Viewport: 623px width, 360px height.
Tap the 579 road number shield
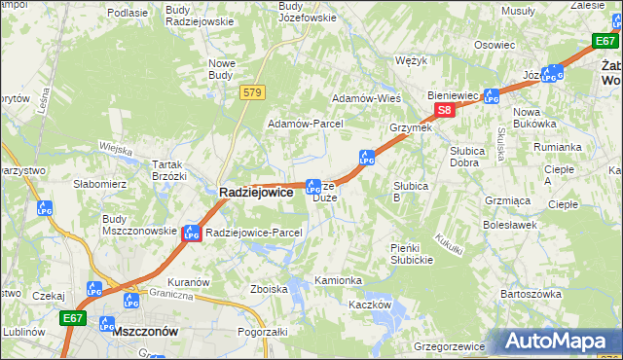pyautogui.click(x=253, y=91)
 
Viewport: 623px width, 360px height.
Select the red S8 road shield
pyautogui.click(x=444, y=110)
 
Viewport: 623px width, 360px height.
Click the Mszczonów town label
pyautogui.click(x=145, y=331)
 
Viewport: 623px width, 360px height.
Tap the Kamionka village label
pyautogui.click(x=338, y=280)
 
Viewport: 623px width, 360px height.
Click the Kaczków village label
pyautogui.click(x=370, y=305)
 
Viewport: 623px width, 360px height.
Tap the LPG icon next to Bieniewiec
pyautogui.click(x=492, y=96)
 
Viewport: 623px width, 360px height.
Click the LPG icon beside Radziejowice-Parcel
pyautogui.click(x=192, y=233)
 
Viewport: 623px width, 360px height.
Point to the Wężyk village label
pyautogui.click(x=413, y=60)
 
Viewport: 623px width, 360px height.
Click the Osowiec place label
pyautogui.click(x=494, y=45)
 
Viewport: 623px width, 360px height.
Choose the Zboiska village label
pyautogui.click(x=269, y=289)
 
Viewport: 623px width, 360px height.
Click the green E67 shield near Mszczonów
pyautogui.click(x=73, y=317)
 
